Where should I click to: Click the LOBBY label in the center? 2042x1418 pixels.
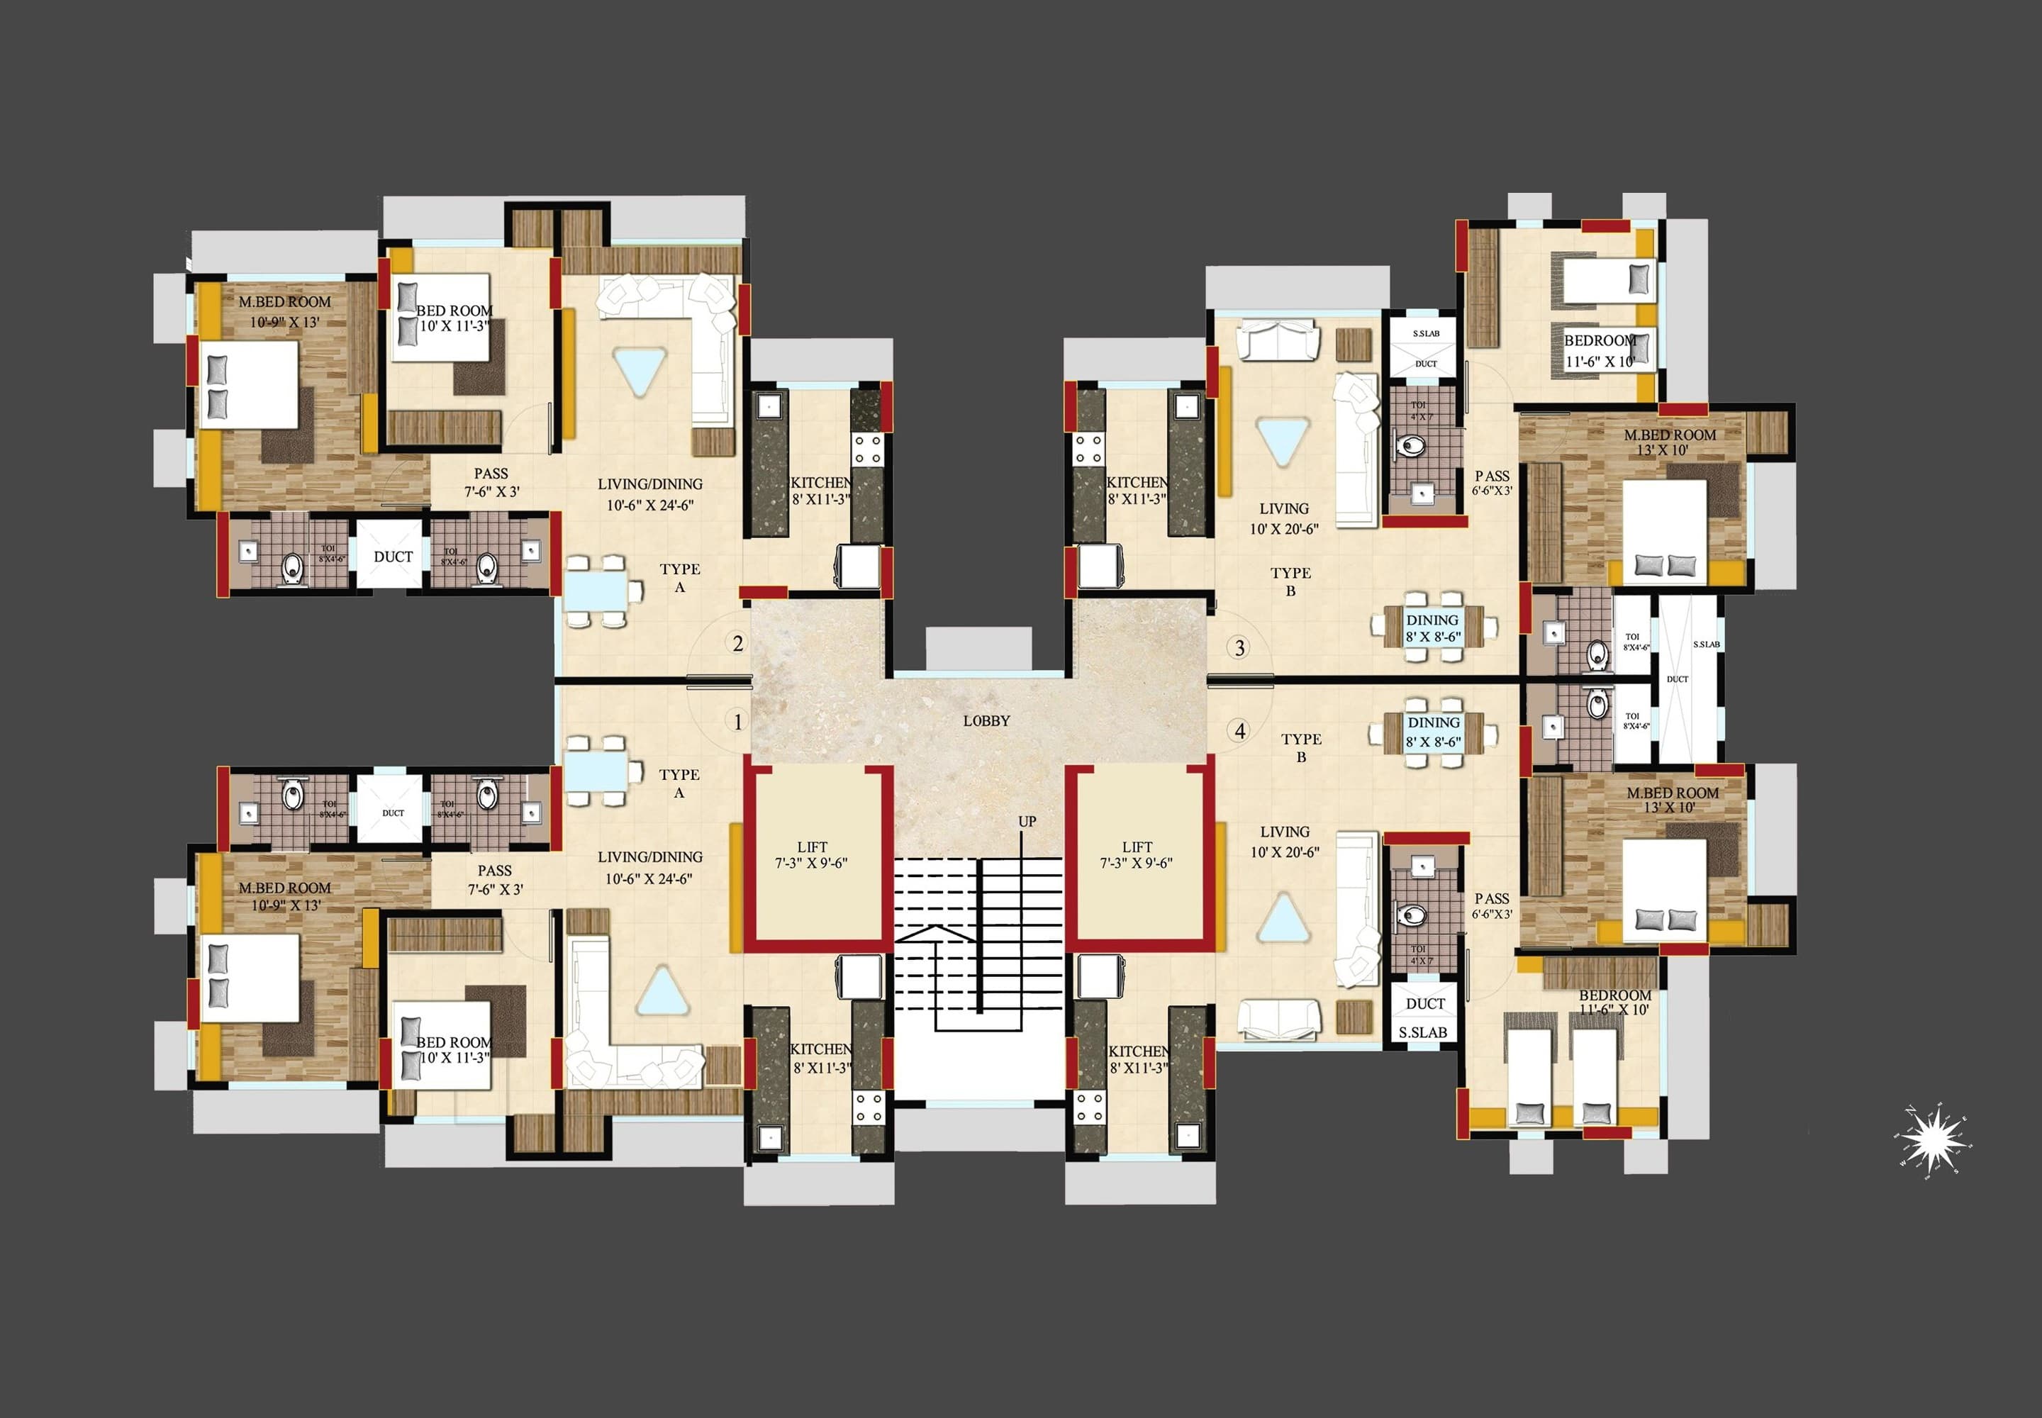[x=986, y=720]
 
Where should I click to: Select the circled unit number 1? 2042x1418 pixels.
[x=737, y=722]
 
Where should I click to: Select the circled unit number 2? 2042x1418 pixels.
[x=737, y=643]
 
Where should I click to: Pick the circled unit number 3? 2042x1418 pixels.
[x=1239, y=648]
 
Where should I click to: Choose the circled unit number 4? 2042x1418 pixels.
[x=1239, y=731]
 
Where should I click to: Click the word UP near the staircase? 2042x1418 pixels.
[x=1027, y=821]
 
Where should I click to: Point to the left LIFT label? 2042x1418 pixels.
[x=812, y=847]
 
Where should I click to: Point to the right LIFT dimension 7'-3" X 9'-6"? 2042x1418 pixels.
[x=1137, y=863]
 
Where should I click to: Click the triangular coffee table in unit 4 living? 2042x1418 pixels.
[x=1283, y=917]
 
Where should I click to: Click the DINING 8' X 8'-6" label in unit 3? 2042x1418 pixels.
[x=1432, y=628]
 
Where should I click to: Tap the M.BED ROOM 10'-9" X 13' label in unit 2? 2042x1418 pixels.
[x=284, y=312]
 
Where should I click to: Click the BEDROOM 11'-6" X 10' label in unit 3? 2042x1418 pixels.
[x=1600, y=351]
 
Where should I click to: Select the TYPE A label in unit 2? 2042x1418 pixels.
[x=680, y=578]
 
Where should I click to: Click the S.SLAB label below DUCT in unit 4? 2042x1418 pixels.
[x=1422, y=1032]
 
